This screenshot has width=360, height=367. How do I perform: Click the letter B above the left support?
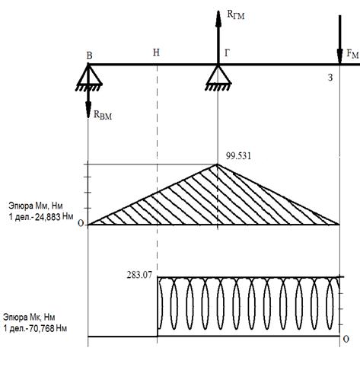tap(89, 56)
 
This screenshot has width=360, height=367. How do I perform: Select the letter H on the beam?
tap(156, 53)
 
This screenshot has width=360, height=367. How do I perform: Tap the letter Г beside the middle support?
tap(227, 53)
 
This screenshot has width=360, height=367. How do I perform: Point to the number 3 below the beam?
tap(330, 78)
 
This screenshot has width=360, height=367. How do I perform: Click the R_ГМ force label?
tap(236, 14)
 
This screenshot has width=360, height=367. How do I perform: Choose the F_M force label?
tap(352, 54)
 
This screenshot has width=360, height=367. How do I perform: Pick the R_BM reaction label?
tap(103, 115)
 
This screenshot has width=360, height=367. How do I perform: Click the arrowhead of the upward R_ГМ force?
tap(218, 19)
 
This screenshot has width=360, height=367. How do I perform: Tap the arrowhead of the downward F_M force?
tap(339, 56)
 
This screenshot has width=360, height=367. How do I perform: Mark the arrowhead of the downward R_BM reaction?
tap(88, 110)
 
